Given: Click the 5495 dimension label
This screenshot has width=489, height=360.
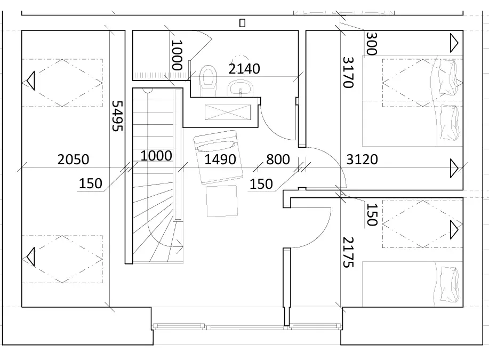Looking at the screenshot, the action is pyautogui.click(x=117, y=116).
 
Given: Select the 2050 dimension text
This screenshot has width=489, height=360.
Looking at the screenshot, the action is pyautogui.click(x=73, y=159).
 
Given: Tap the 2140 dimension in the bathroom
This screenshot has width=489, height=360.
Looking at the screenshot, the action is pyautogui.click(x=244, y=69).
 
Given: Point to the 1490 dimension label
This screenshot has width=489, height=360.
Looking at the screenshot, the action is pyautogui.click(x=220, y=159).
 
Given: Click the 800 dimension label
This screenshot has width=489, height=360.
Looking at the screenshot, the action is pyautogui.click(x=278, y=159).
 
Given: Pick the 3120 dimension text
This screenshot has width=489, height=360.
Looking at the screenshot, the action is pyautogui.click(x=362, y=159).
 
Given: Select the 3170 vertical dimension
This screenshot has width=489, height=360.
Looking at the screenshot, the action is pyautogui.click(x=348, y=73).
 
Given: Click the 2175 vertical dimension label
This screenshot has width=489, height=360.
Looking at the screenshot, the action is pyautogui.click(x=348, y=252).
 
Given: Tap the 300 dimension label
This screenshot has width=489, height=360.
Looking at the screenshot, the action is pyautogui.click(x=372, y=44).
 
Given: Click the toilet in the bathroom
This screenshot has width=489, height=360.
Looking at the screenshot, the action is pyautogui.click(x=207, y=81).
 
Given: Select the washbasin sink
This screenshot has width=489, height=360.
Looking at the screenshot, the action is pyautogui.click(x=241, y=89).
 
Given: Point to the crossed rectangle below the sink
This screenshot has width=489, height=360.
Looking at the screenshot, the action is pyautogui.click(x=228, y=113).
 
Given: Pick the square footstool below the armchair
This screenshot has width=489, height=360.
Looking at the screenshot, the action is pyautogui.click(x=222, y=201).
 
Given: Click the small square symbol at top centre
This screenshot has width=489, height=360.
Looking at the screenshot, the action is pyautogui.click(x=242, y=23).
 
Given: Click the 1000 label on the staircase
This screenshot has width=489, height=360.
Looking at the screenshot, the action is pyautogui.click(x=156, y=156).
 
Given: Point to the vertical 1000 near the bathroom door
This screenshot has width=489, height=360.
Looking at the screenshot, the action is pyautogui.click(x=177, y=55).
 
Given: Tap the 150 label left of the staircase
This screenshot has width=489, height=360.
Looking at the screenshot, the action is pyautogui.click(x=91, y=183).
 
